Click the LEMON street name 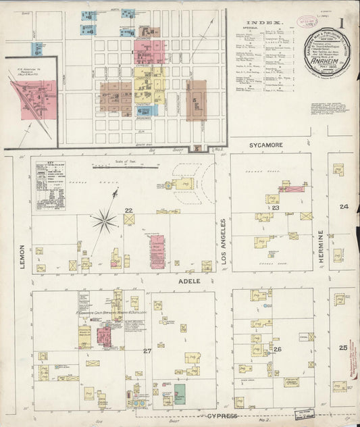point(22,256)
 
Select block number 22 point(128,210)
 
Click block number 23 point(276,208)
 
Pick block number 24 point(344,207)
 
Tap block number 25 point(343,347)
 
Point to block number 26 point(277,349)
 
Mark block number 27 point(147,351)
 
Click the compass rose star point(104,219)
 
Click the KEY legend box point(50,185)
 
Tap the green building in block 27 point(180,395)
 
